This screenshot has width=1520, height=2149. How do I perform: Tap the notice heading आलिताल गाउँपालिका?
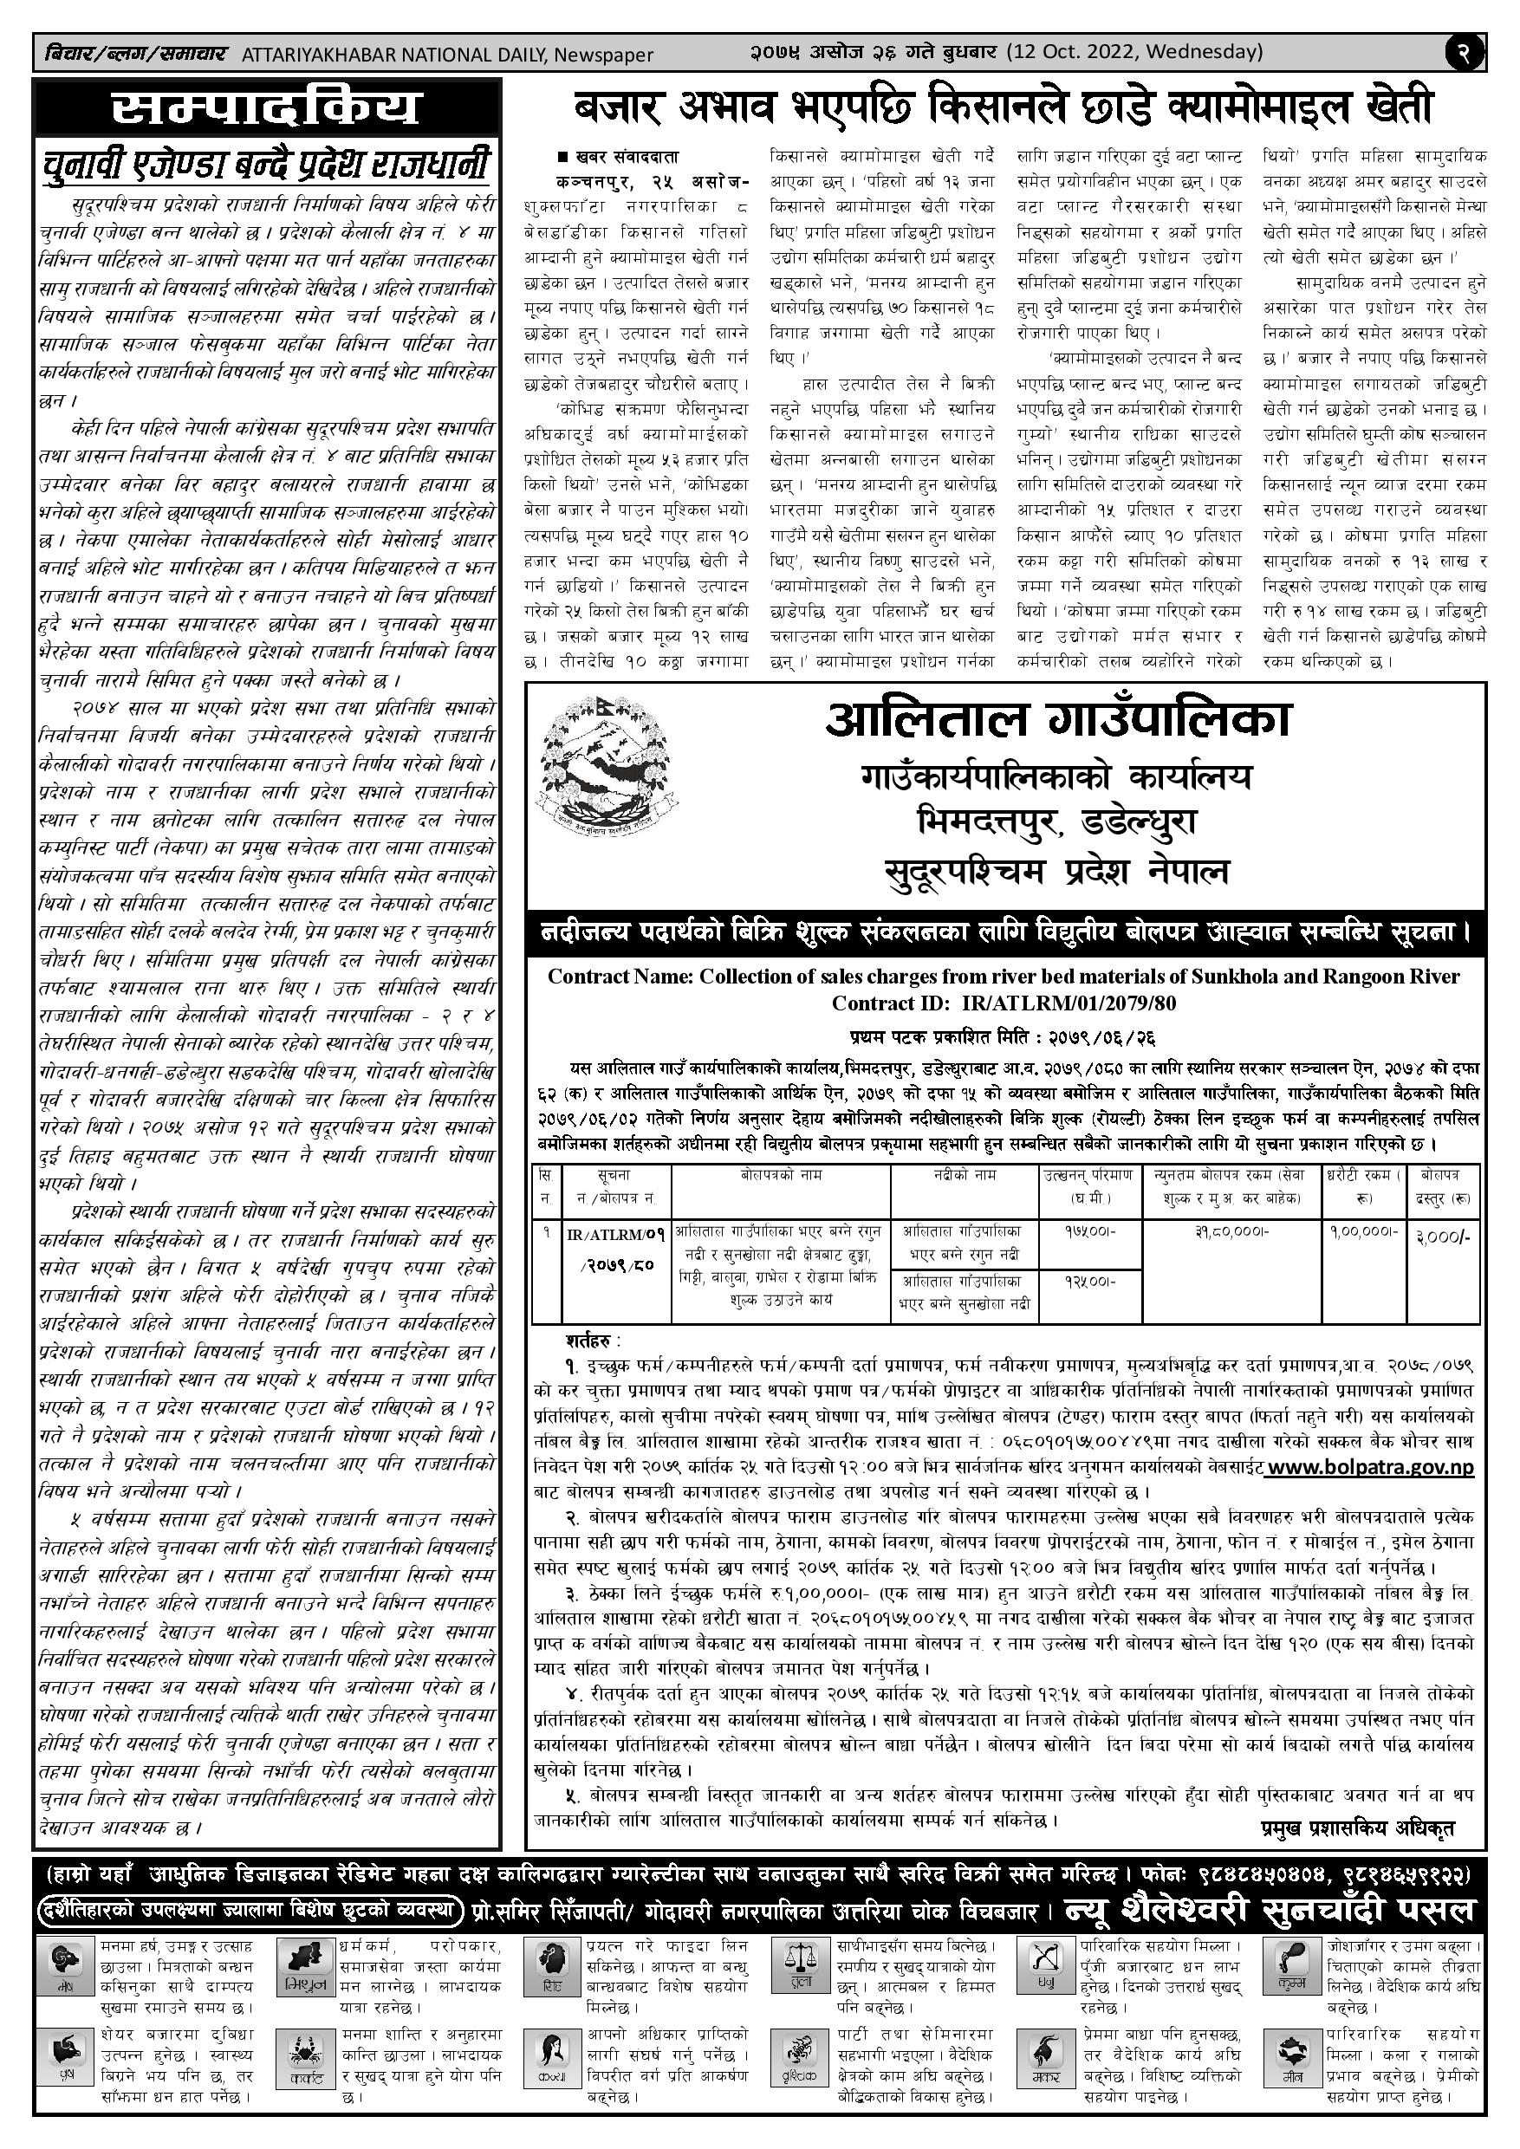1057,721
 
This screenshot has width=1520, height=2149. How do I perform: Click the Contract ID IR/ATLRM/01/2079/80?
1068,1003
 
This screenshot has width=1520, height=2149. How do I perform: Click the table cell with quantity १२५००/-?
1088,1282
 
